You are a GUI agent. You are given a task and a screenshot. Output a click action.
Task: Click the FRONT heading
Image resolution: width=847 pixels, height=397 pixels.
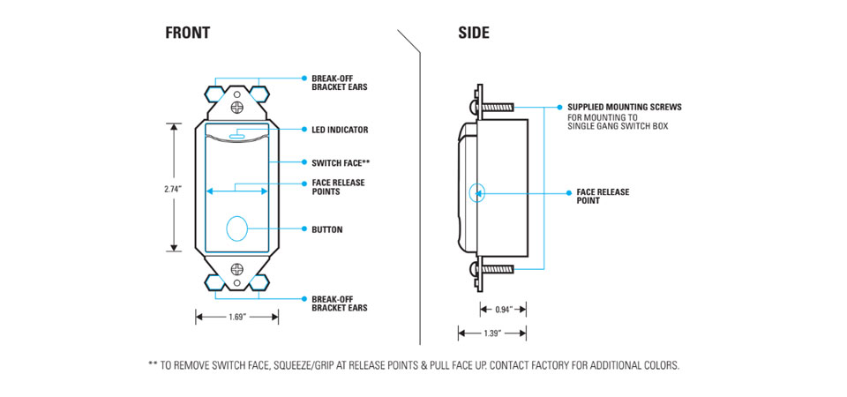click(187, 34)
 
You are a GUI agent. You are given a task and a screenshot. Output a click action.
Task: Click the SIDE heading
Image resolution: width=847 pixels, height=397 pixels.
click(474, 34)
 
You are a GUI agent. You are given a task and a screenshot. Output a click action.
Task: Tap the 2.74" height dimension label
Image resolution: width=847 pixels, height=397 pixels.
click(172, 188)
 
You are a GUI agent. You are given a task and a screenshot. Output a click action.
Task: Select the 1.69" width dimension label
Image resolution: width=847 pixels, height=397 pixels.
click(237, 317)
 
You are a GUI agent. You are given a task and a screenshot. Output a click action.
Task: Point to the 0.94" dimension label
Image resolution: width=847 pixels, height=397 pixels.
click(504, 310)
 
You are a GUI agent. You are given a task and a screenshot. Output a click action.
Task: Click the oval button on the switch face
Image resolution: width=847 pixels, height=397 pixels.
click(237, 229)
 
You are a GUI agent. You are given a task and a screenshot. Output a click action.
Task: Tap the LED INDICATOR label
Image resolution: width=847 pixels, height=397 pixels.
click(340, 130)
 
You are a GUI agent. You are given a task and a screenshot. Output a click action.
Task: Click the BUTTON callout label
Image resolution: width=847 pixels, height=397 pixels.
click(326, 230)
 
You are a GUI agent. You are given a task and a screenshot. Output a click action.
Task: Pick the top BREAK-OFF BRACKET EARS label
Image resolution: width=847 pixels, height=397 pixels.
click(339, 83)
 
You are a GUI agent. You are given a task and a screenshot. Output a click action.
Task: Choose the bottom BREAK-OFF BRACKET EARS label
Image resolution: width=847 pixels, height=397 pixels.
click(339, 303)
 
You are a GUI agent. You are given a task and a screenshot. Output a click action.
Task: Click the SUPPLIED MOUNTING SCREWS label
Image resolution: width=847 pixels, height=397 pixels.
click(624, 108)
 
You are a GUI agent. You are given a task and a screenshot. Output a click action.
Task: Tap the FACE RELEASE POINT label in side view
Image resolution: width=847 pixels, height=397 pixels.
click(603, 196)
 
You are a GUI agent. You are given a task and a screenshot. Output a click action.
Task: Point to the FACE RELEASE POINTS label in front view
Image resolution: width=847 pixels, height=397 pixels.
click(338, 186)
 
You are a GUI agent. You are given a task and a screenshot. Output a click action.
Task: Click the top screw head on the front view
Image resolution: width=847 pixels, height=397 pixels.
click(237, 107)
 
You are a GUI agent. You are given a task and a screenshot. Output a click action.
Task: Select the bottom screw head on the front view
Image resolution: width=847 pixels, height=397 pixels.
click(237, 268)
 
